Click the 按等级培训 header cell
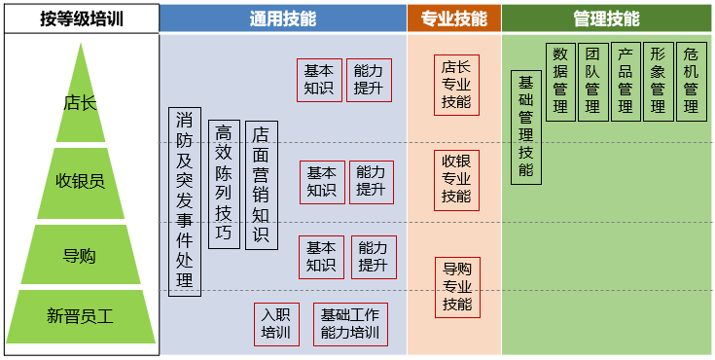[x=80, y=18]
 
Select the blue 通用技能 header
[x=283, y=18]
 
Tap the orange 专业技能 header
[x=454, y=18]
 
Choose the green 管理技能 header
[x=607, y=18]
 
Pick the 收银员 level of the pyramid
[x=80, y=181]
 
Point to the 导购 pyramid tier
[x=80, y=256]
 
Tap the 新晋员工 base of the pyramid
[x=80, y=315]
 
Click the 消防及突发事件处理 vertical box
[x=185, y=201]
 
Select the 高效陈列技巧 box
[x=224, y=184]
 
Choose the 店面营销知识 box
[x=261, y=184]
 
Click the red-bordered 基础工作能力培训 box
[x=350, y=324]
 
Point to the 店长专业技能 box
[x=455, y=85]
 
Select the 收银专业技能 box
[x=455, y=179]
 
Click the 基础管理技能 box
[x=525, y=126]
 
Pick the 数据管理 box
[x=560, y=82]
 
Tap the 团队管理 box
[x=592, y=82]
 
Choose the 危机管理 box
[x=691, y=82]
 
